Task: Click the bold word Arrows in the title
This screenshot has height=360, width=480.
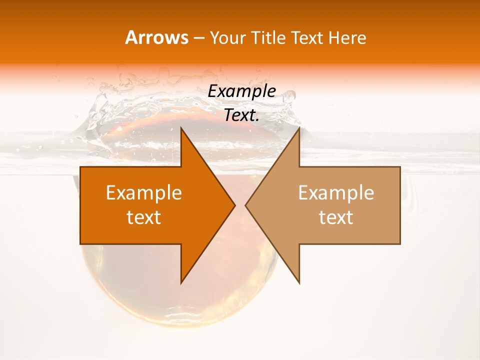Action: [x=157, y=37]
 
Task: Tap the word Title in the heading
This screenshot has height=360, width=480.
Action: [x=268, y=37]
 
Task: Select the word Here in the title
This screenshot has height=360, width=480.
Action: [x=347, y=37]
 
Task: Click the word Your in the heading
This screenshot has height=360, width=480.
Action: [x=227, y=37]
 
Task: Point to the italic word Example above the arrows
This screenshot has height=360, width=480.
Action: [x=241, y=91]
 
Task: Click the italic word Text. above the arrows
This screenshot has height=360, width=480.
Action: [x=241, y=115]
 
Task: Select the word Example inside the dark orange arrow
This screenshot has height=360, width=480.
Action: [x=144, y=192]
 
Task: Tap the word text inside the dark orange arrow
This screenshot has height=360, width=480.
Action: [x=144, y=217]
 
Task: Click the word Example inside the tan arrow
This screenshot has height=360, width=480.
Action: [x=336, y=192]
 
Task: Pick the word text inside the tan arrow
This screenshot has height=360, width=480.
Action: [x=336, y=217]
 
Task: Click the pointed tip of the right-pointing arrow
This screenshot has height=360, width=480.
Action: [x=235, y=205]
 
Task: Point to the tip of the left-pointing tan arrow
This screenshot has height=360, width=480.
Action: [x=245, y=205]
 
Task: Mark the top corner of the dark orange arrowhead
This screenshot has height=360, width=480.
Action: [x=181, y=128]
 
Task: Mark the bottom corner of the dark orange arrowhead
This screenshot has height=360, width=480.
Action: [x=181, y=283]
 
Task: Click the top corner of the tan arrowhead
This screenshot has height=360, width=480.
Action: [x=299, y=128]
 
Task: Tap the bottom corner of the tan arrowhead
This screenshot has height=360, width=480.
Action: [x=299, y=283]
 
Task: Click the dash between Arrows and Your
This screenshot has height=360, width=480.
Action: [x=198, y=38]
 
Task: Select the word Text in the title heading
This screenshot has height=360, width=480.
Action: [x=307, y=37]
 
